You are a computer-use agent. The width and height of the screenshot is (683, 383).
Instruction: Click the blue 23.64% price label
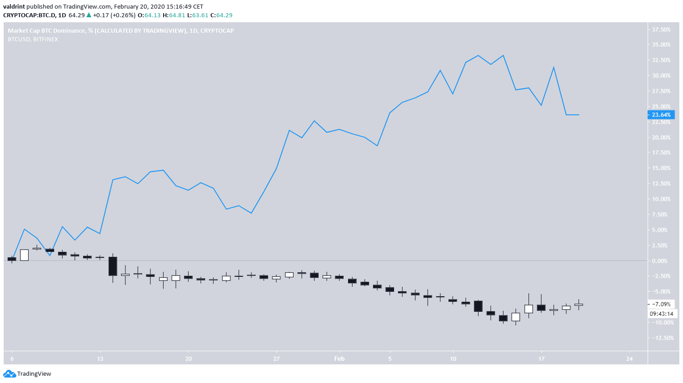tap(661, 115)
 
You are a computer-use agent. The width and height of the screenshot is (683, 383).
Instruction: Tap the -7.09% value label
tap(661, 304)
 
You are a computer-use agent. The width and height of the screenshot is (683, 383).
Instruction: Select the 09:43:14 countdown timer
tap(662, 314)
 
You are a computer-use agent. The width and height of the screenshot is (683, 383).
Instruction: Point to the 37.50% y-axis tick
tap(661, 29)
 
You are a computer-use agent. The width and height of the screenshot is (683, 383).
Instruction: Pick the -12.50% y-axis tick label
tap(661, 338)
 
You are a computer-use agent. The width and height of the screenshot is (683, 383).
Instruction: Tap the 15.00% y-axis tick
tap(661, 168)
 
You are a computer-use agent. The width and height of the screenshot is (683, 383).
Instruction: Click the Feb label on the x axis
tap(339, 358)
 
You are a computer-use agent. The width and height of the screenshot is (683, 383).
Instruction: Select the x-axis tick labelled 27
tap(276, 358)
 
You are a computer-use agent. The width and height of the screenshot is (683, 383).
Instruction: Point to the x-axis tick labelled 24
tap(629, 358)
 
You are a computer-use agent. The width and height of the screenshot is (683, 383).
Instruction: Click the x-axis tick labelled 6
tap(12, 358)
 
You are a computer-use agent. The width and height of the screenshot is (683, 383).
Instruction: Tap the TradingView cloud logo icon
tap(9, 374)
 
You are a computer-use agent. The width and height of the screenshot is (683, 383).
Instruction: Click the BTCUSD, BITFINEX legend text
tap(33, 39)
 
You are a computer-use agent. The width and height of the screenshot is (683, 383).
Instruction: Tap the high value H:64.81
tap(175, 15)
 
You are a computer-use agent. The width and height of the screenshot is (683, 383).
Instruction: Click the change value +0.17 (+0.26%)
tap(114, 15)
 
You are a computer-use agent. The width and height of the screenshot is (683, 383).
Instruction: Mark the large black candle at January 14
tap(113, 266)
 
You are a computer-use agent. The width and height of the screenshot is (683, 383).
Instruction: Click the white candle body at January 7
tap(25, 255)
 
